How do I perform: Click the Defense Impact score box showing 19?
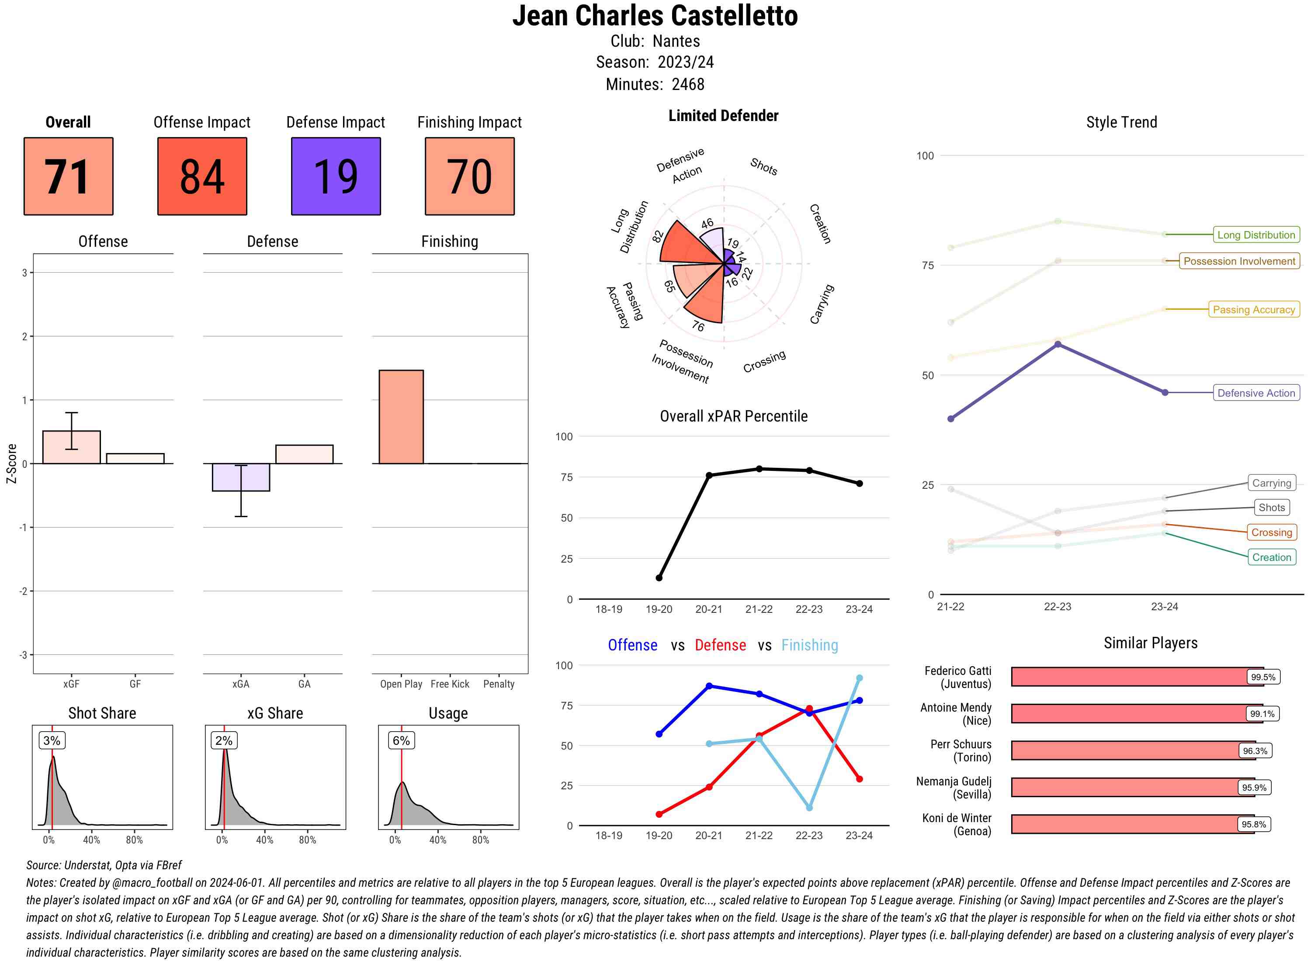click(x=336, y=176)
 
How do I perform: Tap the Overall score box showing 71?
click(x=68, y=176)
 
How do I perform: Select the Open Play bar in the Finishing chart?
click(x=401, y=417)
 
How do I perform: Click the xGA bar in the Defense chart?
click(x=241, y=477)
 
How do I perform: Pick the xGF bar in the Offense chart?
click(x=72, y=447)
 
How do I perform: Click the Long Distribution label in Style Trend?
click(x=1256, y=235)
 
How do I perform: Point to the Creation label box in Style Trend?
click(x=1271, y=557)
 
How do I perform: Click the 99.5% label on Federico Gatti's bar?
click(x=1262, y=677)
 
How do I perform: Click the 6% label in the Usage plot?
click(x=401, y=740)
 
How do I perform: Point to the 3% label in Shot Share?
click(x=52, y=740)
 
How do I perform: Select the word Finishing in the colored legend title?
click(x=809, y=645)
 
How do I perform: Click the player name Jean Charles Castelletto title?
click(x=655, y=16)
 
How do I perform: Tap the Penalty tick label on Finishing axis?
click(x=499, y=684)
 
